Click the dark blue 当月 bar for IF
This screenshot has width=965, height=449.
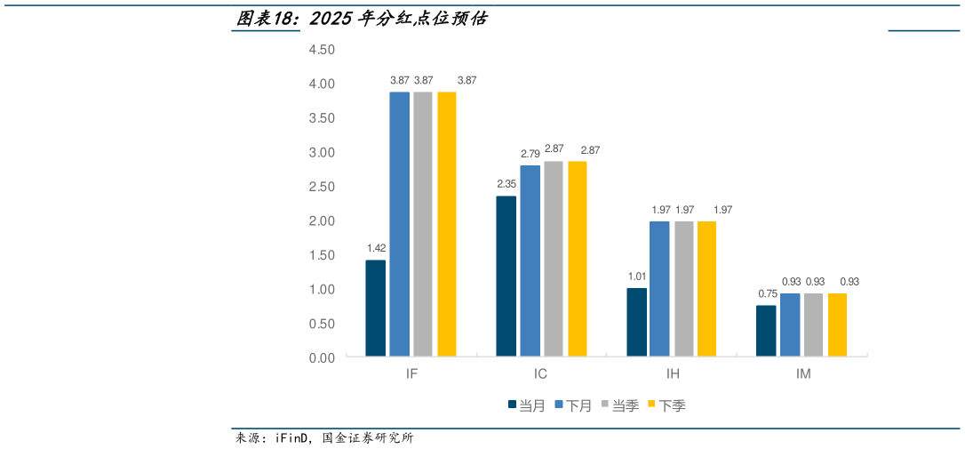tap(375, 309)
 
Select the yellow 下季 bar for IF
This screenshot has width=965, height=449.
tap(446, 224)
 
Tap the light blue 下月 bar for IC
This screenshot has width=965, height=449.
tap(530, 261)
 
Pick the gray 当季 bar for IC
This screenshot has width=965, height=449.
tap(554, 259)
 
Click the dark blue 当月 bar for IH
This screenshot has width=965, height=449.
tap(636, 322)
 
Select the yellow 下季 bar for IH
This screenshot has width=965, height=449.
tap(707, 289)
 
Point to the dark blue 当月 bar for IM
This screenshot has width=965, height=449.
tap(766, 331)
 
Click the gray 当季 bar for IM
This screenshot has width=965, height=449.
tap(814, 325)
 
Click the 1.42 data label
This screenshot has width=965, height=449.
tap(375, 248)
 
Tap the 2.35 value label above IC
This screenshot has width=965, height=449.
tap(506, 184)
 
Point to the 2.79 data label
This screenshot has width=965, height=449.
tap(530, 154)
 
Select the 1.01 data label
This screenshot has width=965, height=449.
tap(636, 277)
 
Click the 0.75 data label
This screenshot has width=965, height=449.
tap(766, 293)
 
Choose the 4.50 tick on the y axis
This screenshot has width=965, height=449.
tap(322, 50)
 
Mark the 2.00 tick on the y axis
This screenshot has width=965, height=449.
tap(322, 220)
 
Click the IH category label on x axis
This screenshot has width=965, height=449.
tap(672, 374)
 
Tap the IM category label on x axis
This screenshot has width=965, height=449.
tap(802, 374)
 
